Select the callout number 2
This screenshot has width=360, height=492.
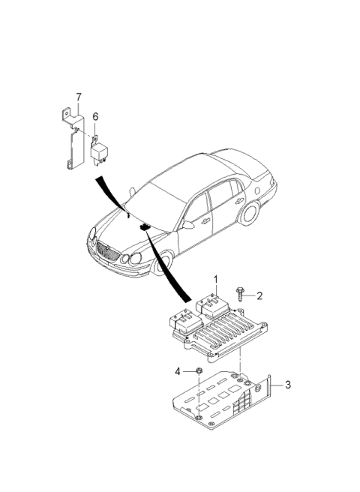pos(259,295)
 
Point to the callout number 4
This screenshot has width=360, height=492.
pos(178,370)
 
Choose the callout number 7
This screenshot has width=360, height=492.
pos(78,95)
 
